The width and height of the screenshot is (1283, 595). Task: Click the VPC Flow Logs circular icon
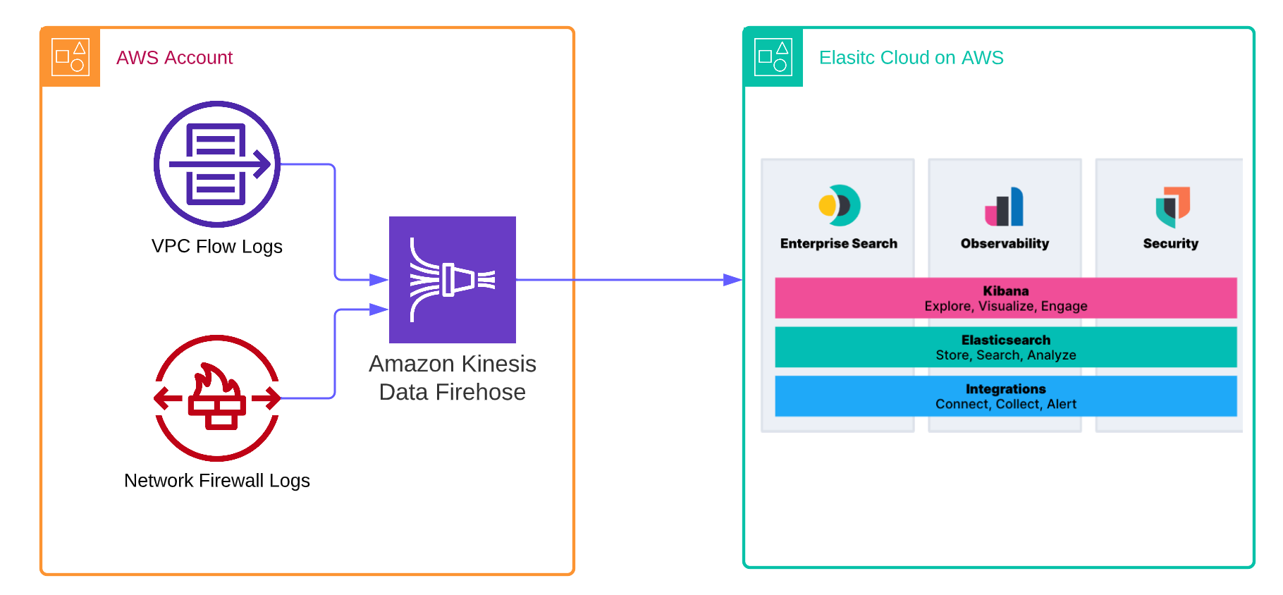pos(217,164)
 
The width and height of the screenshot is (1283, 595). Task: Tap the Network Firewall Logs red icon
pos(217,398)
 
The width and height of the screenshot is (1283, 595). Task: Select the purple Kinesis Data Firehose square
pos(453,280)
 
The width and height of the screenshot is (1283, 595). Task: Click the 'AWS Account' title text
pos(174,58)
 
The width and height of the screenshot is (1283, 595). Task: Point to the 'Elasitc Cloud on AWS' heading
pos(911,58)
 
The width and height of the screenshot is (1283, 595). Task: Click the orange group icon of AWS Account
pos(70,57)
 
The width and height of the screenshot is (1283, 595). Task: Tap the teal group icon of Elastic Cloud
pos(773,57)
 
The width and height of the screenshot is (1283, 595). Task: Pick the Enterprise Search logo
pos(839,205)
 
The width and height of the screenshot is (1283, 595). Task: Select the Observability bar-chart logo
pos(1005,207)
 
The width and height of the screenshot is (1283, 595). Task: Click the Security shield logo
pos(1172,207)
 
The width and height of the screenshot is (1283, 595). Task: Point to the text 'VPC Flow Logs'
pos(217,247)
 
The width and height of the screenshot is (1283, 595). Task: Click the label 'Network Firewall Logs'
pos(217,481)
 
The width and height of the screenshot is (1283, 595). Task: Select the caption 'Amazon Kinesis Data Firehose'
pos(453,378)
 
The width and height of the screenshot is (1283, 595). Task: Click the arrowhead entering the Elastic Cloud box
pos(733,280)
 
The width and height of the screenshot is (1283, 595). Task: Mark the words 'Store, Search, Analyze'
pos(1005,355)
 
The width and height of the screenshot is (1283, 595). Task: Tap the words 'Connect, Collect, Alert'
pos(1005,404)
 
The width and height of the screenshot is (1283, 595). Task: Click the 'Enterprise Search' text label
pos(839,244)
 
